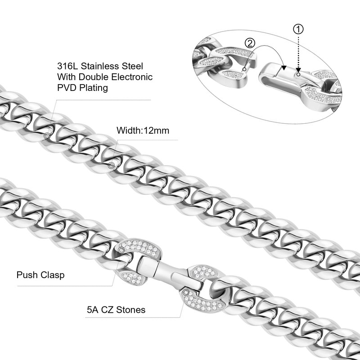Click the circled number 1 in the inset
(x=298, y=29)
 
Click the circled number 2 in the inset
(x=250, y=43)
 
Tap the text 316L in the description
(x=67, y=66)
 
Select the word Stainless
(x=100, y=66)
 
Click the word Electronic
(x=132, y=77)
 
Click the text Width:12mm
(x=143, y=130)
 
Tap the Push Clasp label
(x=40, y=275)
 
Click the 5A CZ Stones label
(x=116, y=310)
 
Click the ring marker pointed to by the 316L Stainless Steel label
(x=47, y=136)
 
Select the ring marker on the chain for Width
(x=111, y=165)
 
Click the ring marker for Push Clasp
(x=121, y=250)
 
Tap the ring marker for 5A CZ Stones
(x=186, y=292)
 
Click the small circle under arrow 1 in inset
(x=298, y=74)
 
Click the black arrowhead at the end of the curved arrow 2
(x=284, y=67)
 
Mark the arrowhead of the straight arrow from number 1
(x=298, y=70)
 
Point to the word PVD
(x=66, y=88)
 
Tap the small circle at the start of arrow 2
(x=245, y=69)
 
